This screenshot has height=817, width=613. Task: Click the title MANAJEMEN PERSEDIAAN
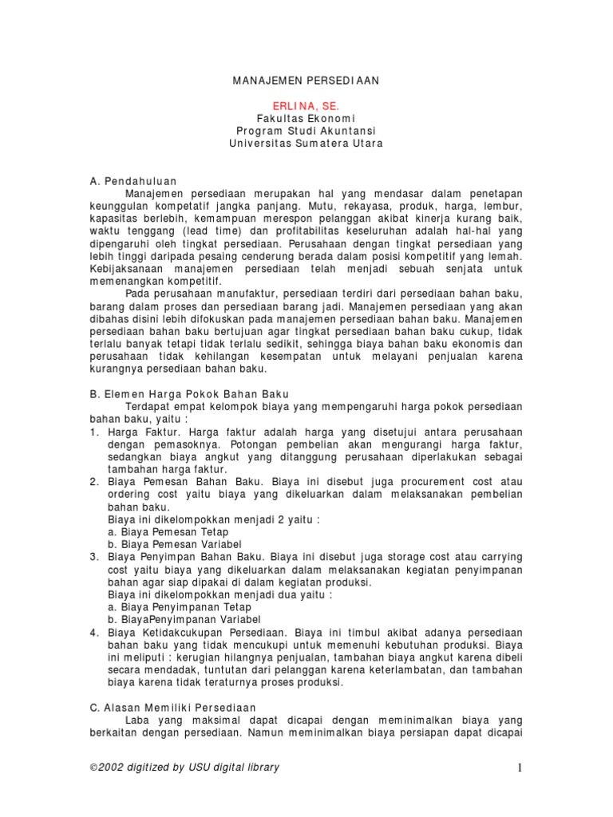pos(306,81)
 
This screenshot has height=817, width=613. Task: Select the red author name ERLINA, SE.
pos(306,105)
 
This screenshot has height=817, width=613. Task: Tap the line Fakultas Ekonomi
pos(306,118)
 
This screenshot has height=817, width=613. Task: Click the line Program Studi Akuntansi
pos(306,131)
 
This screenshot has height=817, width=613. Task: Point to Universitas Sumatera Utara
pos(306,144)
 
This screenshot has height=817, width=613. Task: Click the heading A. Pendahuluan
pos(133,181)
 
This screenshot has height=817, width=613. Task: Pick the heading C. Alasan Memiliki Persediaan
pos(172,708)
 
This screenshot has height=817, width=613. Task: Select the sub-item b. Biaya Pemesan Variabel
pos(172,544)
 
